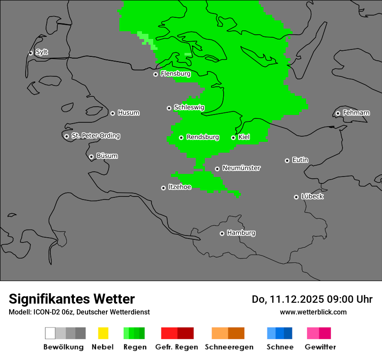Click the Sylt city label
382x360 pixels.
point(42,52)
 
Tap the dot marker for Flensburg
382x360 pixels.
point(155,74)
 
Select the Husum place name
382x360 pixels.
point(128,113)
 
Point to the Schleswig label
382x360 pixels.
point(189,107)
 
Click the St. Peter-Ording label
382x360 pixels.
point(95,136)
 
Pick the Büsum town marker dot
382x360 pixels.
point(91,157)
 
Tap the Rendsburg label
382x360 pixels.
point(203,137)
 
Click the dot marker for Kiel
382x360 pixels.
point(233,137)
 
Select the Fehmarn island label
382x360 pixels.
point(356,113)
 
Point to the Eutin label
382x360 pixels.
point(300,160)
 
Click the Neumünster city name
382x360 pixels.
point(241,168)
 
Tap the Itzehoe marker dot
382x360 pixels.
point(163,188)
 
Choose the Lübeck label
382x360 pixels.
point(312,196)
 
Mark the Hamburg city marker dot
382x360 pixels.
point(222,233)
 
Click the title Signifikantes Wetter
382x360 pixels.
point(72,299)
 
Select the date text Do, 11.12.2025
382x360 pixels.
point(287,299)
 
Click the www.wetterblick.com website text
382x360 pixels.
point(313,312)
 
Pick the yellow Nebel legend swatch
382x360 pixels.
point(103,333)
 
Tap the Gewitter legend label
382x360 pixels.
point(320,347)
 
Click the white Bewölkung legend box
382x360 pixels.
point(50,333)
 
